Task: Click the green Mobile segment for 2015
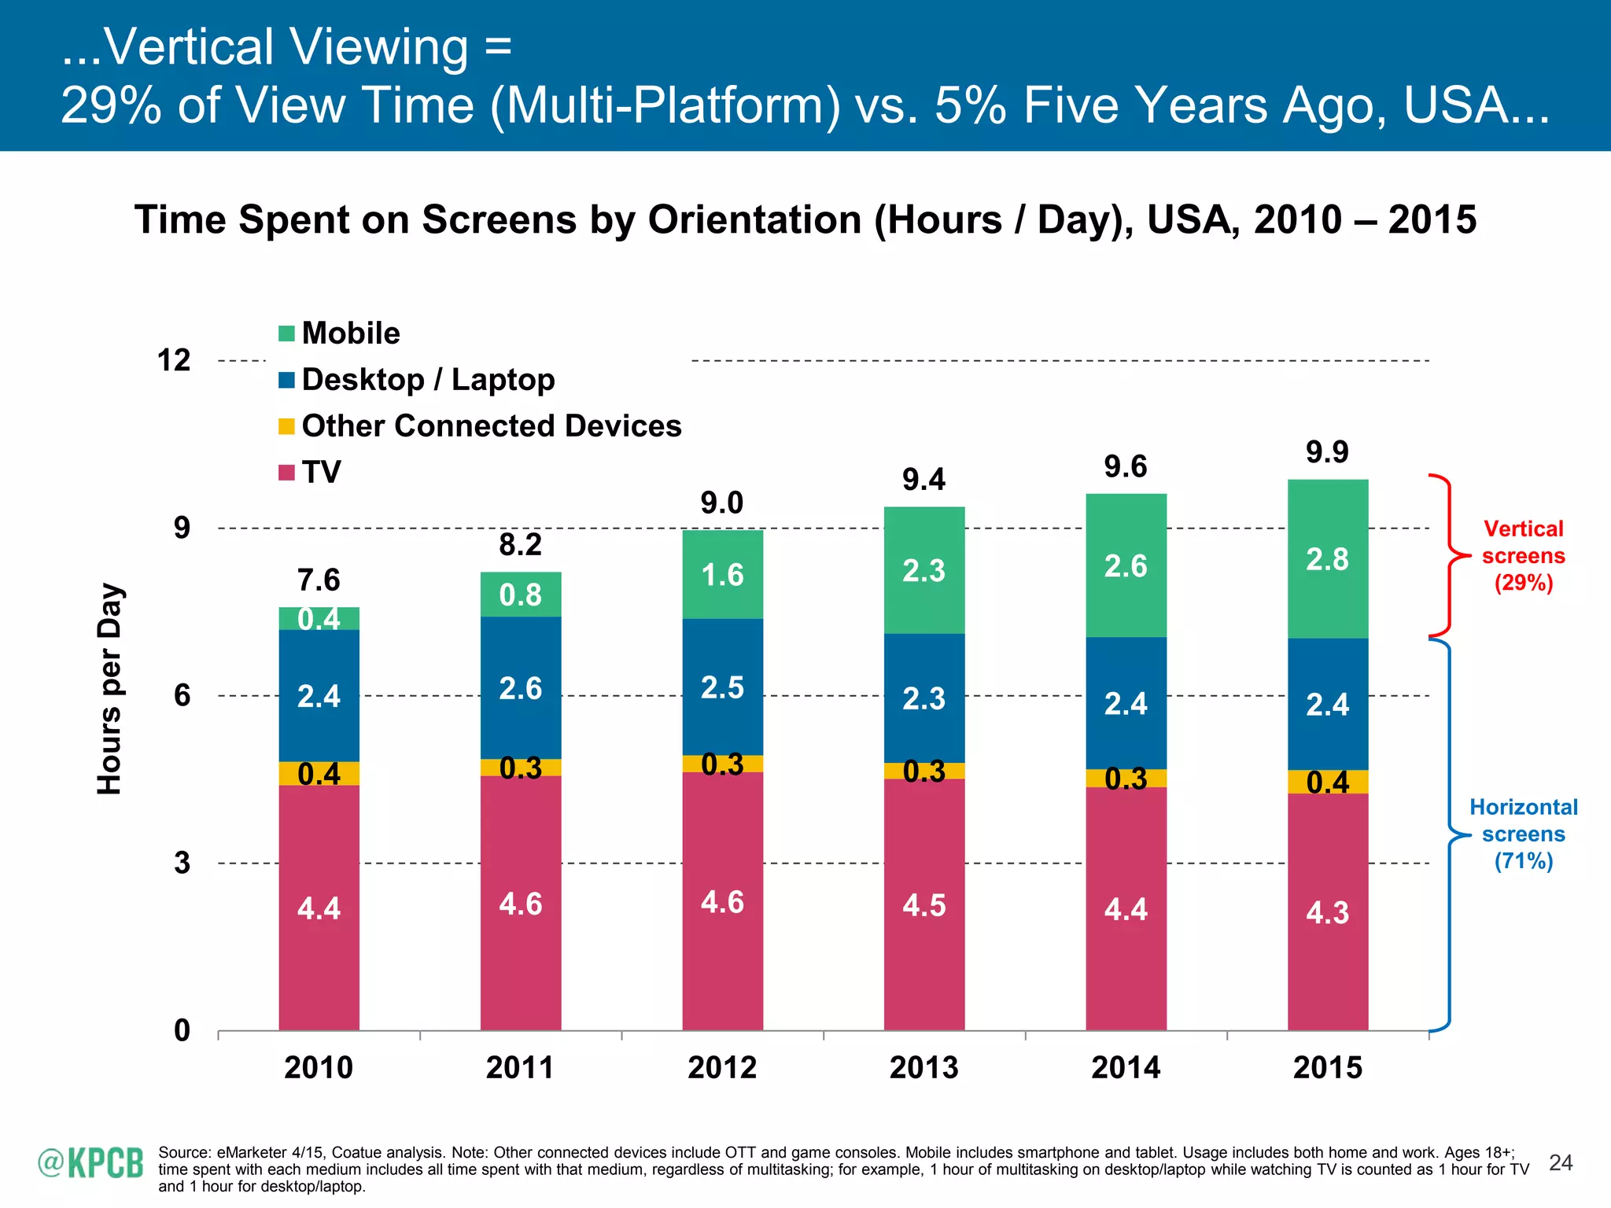tap(1328, 559)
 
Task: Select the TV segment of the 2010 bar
tap(319, 908)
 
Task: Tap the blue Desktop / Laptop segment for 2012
tap(722, 687)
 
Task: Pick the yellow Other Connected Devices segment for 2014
tap(1126, 779)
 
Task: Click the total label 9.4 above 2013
tap(923, 479)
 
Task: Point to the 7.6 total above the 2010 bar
tap(319, 580)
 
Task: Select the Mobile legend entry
tap(340, 333)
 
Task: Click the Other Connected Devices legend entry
tap(480, 426)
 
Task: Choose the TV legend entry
tap(311, 473)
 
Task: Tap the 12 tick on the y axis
tap(174, 360)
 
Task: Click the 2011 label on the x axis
tap(520, 1067)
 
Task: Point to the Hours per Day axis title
tap(109, 689)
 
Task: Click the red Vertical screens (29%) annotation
tap(1523, 556)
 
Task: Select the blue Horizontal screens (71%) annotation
tap(1523, 834)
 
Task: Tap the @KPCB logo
tap(90, 1163)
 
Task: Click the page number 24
tap(1560, 1163)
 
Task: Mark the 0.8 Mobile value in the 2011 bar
tap(520, 595)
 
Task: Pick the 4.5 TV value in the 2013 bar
tap(923, 905)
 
